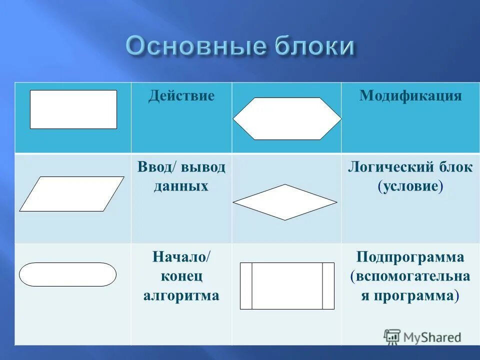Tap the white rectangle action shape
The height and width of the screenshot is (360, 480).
tap(73, 109)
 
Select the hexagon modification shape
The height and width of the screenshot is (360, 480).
tap(287, 118)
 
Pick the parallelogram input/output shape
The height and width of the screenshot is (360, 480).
tap(71, 193)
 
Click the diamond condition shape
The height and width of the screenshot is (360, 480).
tap(285, 202)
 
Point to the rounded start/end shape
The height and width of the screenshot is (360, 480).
tap(67, 274)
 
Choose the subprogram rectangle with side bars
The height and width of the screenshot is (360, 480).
tap(287, 286)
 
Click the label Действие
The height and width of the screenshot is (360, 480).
tap(181, 95)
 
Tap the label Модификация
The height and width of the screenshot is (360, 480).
tap(410, 95)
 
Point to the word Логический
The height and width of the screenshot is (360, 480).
tap(385, 167)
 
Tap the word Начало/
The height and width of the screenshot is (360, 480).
tap(181, 257)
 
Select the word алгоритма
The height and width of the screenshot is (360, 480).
tap(181, 295)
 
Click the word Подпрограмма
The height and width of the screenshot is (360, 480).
tap(410, 257)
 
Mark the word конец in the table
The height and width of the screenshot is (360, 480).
tap(181, 276)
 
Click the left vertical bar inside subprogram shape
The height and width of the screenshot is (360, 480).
tap(246, 286)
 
